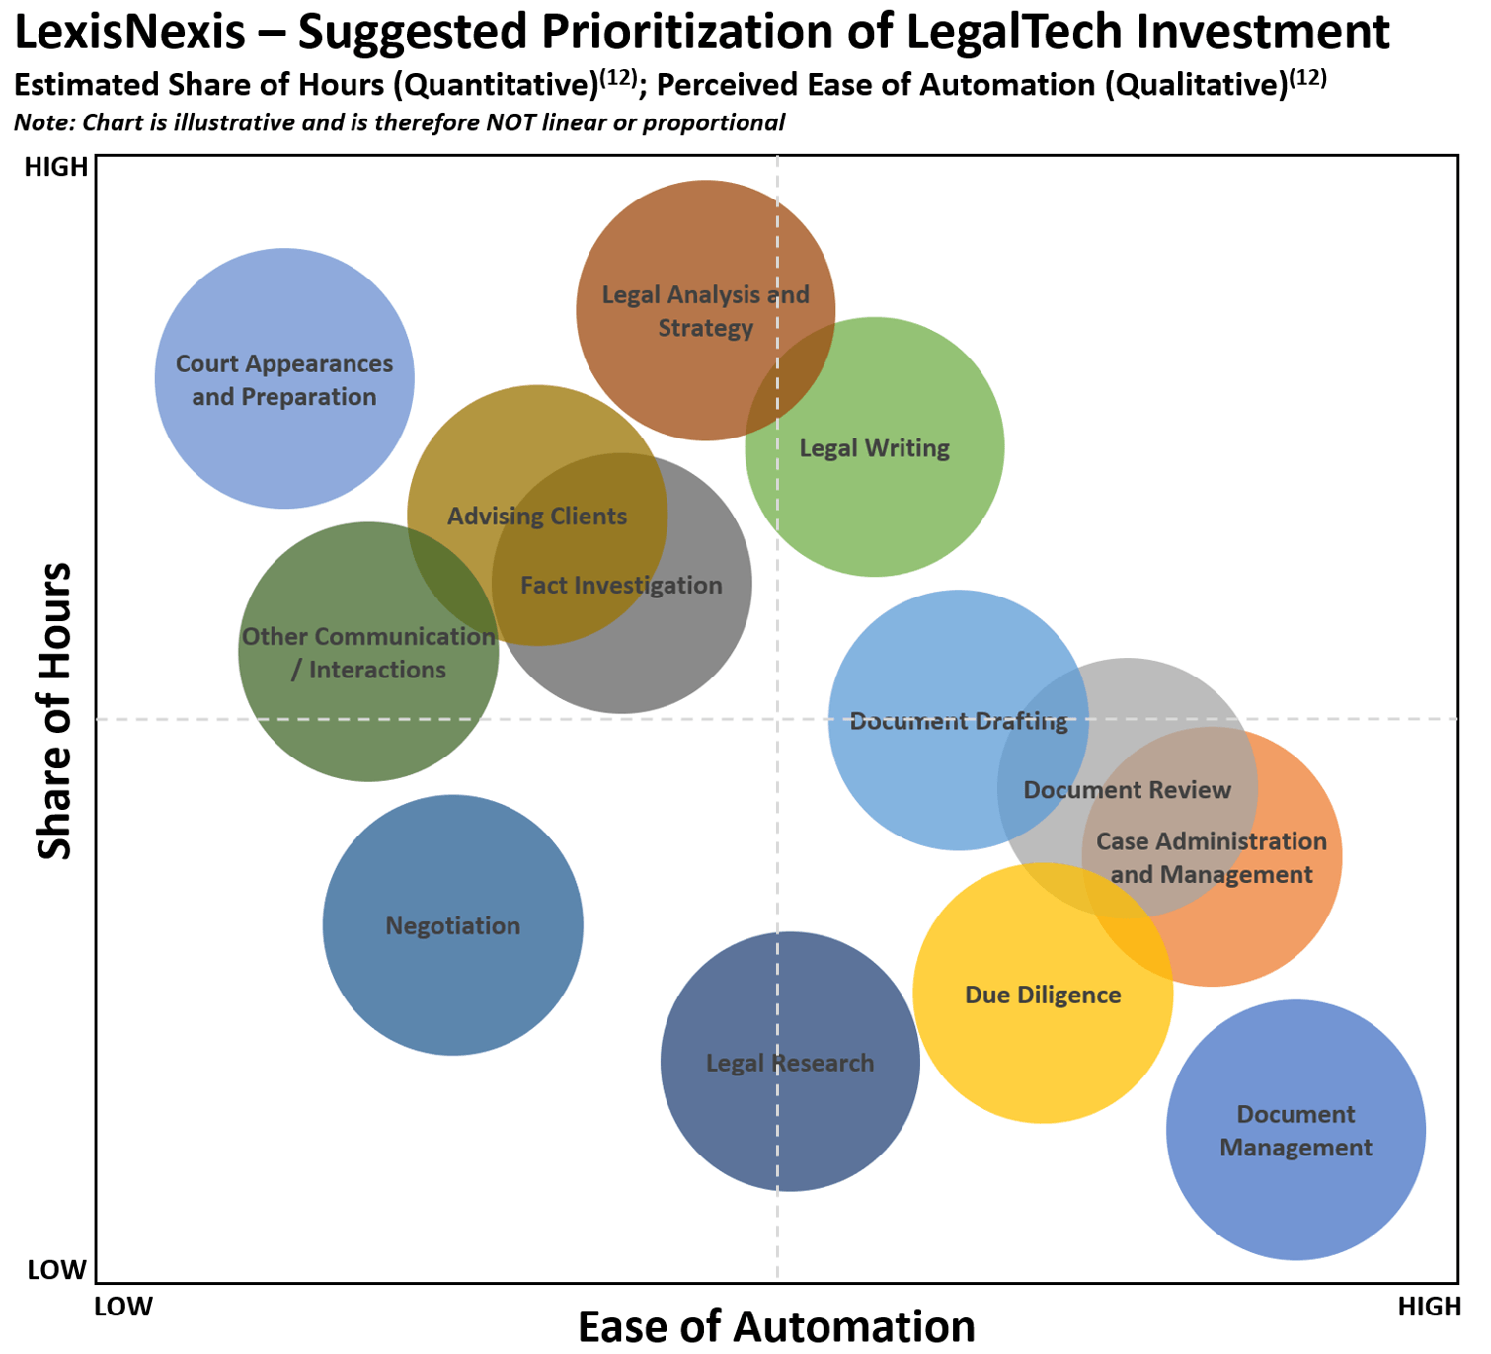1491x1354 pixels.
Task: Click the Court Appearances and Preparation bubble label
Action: click(284, 380)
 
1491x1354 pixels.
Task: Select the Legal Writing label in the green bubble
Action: click(874, 448)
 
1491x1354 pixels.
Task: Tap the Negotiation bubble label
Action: click(452, 925)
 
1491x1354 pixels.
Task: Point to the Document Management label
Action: click(1295, 1130)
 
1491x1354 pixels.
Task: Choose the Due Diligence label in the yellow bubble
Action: click(1042, 995)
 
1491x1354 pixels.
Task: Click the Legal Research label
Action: click(789, 1064)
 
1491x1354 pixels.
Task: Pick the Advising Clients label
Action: click(536, 517)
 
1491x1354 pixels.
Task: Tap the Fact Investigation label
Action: click(621, 586)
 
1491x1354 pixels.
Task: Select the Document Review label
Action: click(1127, 790)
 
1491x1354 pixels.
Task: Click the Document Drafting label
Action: click(958, 721)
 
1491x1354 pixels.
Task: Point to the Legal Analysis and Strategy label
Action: click(705, 311)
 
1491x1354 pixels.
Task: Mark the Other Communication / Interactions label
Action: click(368, 653)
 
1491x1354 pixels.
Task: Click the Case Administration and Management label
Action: click(1212, 857)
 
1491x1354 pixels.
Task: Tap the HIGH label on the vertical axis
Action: click(55, 167)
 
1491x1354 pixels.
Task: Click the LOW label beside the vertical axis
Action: click(56, 1270)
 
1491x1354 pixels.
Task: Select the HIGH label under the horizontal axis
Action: click(1430, 1307)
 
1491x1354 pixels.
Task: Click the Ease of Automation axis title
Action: click(776, 1327)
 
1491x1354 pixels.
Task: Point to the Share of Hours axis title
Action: click(54, 711)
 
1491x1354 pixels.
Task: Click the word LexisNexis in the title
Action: click(130, 32)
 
